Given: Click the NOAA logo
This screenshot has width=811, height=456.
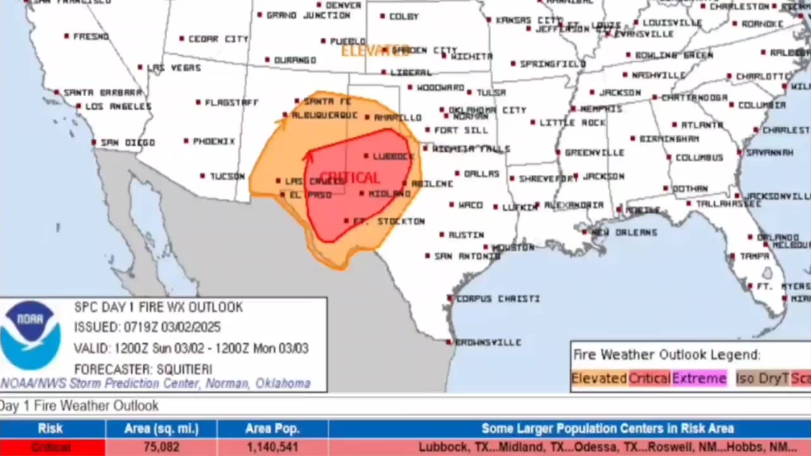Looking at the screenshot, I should tap(30, 336).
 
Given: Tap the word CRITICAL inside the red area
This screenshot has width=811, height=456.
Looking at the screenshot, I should tap(350, 178).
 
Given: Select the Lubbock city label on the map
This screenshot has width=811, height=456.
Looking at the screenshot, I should tap(393, 156).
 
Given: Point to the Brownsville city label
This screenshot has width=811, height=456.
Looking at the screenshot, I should tap(488, 343).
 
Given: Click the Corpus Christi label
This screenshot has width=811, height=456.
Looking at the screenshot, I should tap(497, 298).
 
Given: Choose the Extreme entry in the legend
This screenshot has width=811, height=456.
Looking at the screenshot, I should tap(699, 379).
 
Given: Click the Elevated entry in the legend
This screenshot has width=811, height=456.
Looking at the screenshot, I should tap(599, 379).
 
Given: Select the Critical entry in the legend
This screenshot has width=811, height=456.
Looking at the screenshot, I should tap(649, 379).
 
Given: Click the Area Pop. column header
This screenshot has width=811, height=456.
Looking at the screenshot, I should tap(272, 429).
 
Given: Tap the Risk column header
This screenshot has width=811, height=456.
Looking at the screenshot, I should tap(51, 429).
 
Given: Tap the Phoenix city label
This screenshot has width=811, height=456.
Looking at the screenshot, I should tap(214, 141).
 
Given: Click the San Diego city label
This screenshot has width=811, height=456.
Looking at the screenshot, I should tap(127, 142).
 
